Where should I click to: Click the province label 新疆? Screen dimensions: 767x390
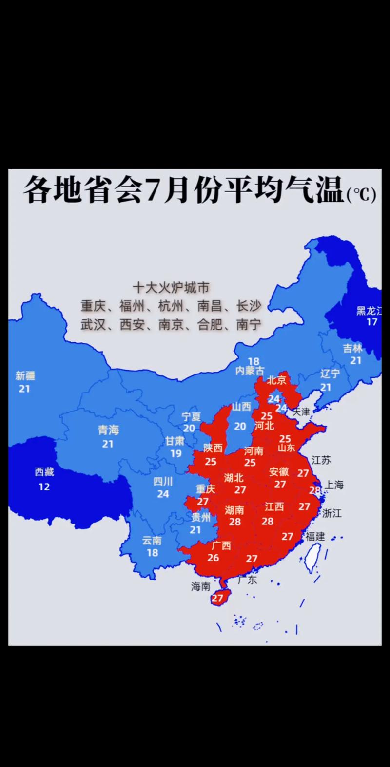click(25, 375)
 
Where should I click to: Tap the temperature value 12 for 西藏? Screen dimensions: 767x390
click(44, 486)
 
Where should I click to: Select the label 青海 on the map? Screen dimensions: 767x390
click(108, 430)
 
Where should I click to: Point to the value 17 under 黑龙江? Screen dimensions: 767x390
click(371, 322)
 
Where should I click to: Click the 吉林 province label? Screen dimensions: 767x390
click(352, 348)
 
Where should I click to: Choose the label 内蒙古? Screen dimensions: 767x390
click(250, 371)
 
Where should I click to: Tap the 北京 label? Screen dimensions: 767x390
click(276, 380)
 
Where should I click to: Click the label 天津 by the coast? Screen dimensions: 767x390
click(301, 412)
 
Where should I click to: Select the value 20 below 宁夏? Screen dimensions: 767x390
click(189, 429)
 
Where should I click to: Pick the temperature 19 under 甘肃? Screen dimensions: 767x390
click(175, 453)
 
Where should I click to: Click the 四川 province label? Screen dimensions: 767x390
click(163, 482)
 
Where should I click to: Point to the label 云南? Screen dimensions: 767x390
click(152, 540)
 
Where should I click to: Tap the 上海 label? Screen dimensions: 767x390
click(334, 485)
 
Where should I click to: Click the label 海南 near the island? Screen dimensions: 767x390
click(200, 587)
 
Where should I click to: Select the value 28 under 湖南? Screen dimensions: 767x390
click(235, 522)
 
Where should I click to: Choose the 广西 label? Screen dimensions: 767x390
click(221, 545)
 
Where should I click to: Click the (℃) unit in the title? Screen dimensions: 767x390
click(361, 195)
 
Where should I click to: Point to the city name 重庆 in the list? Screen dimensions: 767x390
click(93, 306)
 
